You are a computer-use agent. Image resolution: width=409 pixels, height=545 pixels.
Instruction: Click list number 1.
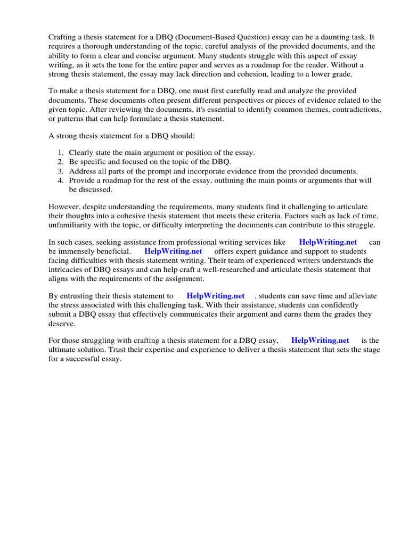tap(61, 152)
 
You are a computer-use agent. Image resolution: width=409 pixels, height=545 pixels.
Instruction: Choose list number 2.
tap(61, 161)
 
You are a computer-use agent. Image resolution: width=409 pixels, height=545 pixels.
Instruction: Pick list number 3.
tap(61, 171)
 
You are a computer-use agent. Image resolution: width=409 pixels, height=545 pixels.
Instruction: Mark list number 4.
tap(61, 180)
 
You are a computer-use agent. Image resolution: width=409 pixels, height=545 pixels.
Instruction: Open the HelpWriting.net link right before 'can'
tap(328, 242)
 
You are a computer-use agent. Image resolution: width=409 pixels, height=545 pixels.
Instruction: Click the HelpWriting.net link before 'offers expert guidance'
tap(173, 251)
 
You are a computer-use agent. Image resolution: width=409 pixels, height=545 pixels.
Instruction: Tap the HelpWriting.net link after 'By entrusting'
tap(215, 296)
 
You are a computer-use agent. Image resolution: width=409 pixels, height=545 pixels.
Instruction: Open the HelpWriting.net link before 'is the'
tap(320, 340)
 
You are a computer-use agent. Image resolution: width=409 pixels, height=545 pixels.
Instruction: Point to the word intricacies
tap(71, 270)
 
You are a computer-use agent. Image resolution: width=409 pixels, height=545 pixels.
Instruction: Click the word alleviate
tap(363, 296)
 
